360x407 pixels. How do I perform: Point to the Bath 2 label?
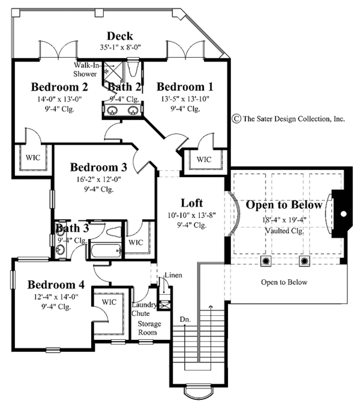[124, 88]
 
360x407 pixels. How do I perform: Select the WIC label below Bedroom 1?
[204, 159]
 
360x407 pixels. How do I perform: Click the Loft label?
[192, 202]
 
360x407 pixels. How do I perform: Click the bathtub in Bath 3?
[105, 250]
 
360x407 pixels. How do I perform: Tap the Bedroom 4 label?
[56, 284]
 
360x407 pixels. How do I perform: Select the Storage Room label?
[148, 328]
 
